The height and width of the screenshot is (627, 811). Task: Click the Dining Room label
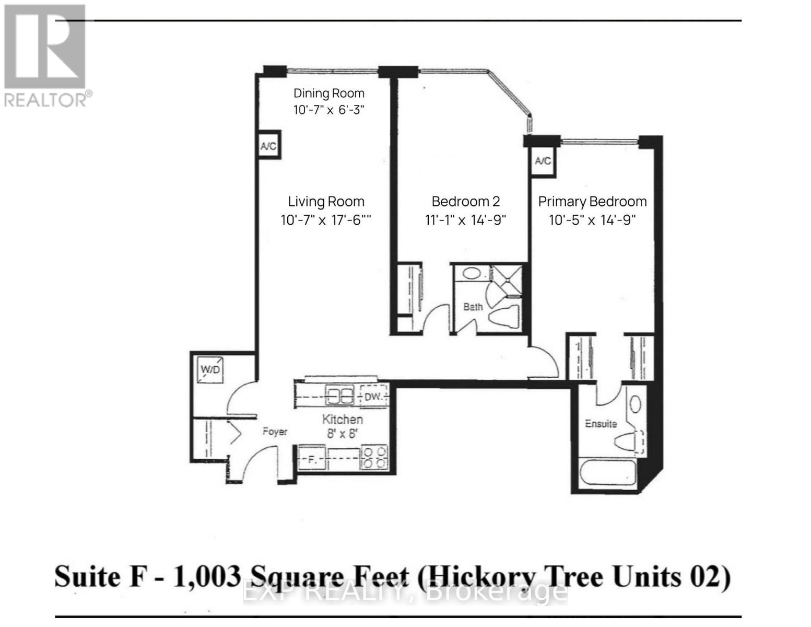[328, 94]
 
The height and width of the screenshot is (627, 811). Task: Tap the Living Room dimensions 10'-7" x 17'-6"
[326, 220]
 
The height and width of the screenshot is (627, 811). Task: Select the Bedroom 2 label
[465, 202]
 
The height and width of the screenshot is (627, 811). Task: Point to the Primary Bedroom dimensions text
[592, 220]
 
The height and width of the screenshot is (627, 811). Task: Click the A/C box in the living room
[268, 146]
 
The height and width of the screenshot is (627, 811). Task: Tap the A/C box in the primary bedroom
[543, 160]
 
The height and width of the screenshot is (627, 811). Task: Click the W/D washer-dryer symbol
[211, 369]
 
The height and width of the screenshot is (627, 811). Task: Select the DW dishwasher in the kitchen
[373, 397]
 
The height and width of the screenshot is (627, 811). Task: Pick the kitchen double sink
[339, 396]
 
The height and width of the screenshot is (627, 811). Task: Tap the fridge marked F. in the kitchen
[312, 459]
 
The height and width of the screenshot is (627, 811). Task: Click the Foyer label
[275, 432]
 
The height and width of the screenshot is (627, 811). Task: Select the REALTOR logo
[46, 55]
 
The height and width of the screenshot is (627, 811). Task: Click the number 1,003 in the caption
[206, 577]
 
